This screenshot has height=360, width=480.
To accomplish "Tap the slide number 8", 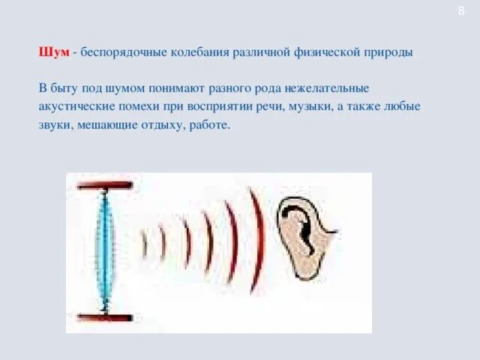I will pos(461,10).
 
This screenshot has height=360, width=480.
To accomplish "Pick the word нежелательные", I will pos(323,88).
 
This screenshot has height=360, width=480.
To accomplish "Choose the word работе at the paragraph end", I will pos(209,124).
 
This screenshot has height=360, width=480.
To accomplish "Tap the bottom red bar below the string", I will pos(104,316).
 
